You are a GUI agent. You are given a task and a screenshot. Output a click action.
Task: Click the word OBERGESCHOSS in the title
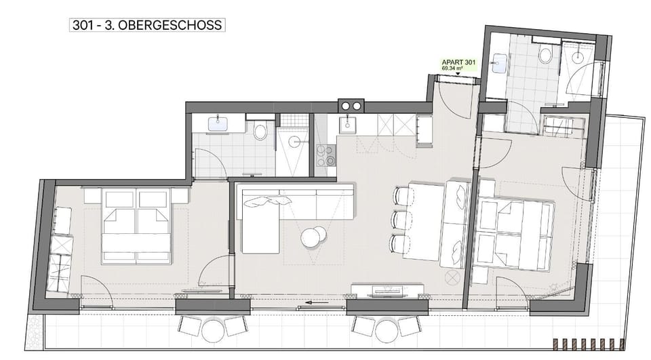coord(170,25)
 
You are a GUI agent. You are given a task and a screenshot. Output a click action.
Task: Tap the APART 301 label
coord(458,62)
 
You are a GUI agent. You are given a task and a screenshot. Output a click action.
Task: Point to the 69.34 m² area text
coord(452,68)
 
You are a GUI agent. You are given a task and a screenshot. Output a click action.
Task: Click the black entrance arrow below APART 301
coord(458,74)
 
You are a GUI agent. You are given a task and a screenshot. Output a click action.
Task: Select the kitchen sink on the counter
coord(347,124)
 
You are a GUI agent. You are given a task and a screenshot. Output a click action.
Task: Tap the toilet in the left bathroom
coord(260,130)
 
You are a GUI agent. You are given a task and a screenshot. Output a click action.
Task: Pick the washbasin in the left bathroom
coord(218,124)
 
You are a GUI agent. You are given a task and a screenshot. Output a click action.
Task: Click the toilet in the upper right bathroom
coord(545,54)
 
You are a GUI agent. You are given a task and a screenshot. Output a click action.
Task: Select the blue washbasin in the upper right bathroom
coord(498,63)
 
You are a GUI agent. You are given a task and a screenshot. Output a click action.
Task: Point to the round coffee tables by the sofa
coord(314,237)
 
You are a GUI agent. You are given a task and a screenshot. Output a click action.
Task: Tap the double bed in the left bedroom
coord(136,226)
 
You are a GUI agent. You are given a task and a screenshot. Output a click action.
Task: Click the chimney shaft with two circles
coord(351,106)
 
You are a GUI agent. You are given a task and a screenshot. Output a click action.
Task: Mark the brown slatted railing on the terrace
coord(589,344)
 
